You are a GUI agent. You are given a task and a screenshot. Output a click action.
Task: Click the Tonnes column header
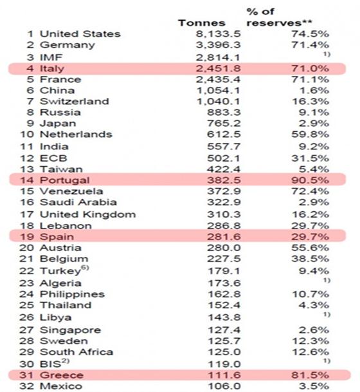pyautogui.click(x=202, y=23)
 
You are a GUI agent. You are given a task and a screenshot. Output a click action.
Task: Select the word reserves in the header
pyautogui.click(x=274, y=23)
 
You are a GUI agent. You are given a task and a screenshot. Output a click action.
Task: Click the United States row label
pyautogui.click(x=80, y=33)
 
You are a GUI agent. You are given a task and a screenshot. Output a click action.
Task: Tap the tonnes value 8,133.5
pyautogui.click(x=218, y=34)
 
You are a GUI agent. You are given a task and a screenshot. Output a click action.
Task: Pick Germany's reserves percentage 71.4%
pyautogui.click(x=310, y=45)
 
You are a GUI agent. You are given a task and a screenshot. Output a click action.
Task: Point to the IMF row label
pyautogui.click(x=51, y=57)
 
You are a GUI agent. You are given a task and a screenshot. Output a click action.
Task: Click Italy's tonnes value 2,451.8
pyautogui.click(x=218, y=68)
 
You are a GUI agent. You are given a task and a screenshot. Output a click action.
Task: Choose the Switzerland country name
pyautogui.click(x=75, y=101)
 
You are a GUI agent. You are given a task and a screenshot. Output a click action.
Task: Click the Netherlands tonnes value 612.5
pyautogui.click(x=224, y=135)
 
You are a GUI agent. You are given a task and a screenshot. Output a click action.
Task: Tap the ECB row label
pyautogui.click(x=53, y=158)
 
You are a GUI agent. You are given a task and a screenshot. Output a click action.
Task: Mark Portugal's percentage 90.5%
pyautogui.click(x=310, y=180)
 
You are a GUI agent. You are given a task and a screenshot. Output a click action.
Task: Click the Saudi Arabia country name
pyautogui.click(x=78, y=202)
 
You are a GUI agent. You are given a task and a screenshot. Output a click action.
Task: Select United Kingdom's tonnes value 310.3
pyautogui.click(x=224, y=214)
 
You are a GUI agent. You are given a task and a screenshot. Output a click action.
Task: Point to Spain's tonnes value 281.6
pyautogui.click(x=224, y=237)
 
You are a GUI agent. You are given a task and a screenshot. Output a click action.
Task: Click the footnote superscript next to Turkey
pyautogui.click(x=85, y=268)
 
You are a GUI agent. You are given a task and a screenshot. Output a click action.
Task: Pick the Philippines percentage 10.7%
pyautogui.click(x=310, y=294)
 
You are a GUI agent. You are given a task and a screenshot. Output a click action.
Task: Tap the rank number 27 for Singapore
pyautogui.click(x=26, y=330)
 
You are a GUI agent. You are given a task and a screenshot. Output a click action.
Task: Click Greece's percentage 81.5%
pyautogui.click(x=310, y=375)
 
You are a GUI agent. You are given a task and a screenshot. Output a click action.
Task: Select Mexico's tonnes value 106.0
pyautogui.click(x=224, y=386)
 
